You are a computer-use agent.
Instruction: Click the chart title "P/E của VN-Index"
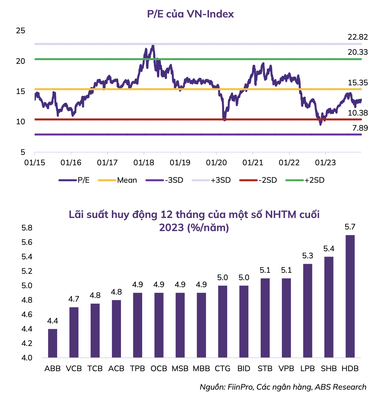(x=190, y=14)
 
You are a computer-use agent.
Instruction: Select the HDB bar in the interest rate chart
(x=350, y=296)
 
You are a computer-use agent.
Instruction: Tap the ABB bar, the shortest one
(x=53, y=343)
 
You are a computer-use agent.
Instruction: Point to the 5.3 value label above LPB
(x=307, y=256)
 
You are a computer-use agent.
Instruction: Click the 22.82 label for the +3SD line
(x=357, y=37)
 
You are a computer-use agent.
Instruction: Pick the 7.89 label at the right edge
(x=360, y=128)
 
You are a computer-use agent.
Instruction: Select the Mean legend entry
(x=127, y=180)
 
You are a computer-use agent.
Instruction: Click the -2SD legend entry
(x=267, y=180)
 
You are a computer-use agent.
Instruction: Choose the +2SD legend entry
(x=314, y=180)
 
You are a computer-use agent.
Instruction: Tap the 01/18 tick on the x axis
(x=144, y=163)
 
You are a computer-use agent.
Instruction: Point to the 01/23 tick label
(x=325, y=163)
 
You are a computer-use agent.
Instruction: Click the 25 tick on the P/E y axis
(x=20, y=31)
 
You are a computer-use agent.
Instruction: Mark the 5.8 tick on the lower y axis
(x=27, y=228)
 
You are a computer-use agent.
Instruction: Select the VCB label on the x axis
(x=74, y=368)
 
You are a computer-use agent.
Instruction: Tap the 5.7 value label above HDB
(x=350, y=227)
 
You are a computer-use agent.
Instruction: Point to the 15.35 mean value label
(x=357, y=83)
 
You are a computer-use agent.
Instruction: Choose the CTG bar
(x=222, y=321)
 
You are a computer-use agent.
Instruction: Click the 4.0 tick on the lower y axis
(x=27, y=358)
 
